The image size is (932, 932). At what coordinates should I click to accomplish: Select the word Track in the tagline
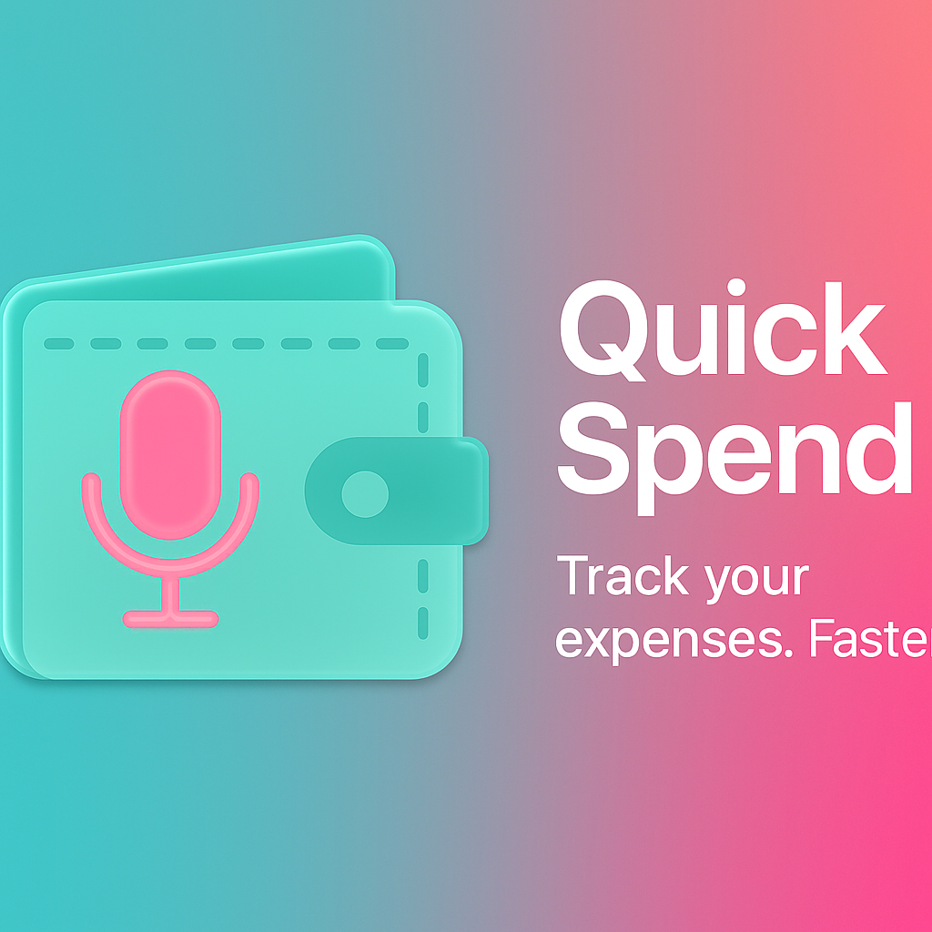pyautogui.click(x=621, y=577)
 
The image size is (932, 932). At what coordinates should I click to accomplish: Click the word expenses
pyautogui.click(x=665, y=640)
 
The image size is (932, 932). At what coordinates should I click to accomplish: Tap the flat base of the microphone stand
pyautogui.click(x=170, y=619)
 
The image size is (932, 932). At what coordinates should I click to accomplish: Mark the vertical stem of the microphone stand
pyautogui.click(x=170, y=592)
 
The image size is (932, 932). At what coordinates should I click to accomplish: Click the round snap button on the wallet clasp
pyautogui.click(x=364, y=493)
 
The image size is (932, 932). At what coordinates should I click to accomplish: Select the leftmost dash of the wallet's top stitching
pyautogui.click(x=58, y=344)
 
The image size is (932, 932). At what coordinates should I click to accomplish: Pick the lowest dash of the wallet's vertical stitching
pyautogui.click(x=422, y=623)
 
